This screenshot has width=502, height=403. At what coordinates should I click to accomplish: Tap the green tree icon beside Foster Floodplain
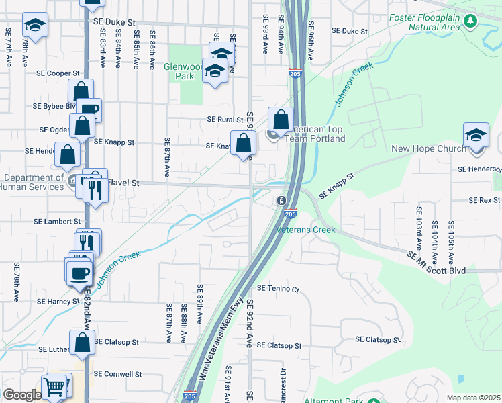(x=470, y=21)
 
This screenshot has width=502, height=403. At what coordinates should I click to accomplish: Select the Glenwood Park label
(x=183, y=71)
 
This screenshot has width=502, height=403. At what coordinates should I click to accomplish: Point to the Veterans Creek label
(x=305, y=230)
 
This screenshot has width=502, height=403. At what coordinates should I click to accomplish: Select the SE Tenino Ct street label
(x=275, y=289)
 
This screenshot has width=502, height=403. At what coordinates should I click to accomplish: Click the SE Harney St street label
(x=58, y=302)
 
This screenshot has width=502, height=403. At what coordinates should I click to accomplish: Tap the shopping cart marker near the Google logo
(x=55, y=386)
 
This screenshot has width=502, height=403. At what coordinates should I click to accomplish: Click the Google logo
(x=21, y=395)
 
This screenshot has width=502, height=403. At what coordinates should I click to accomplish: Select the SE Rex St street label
(x=484, y=200)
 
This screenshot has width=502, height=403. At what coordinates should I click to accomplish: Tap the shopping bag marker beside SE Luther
(x=82, y=343)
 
